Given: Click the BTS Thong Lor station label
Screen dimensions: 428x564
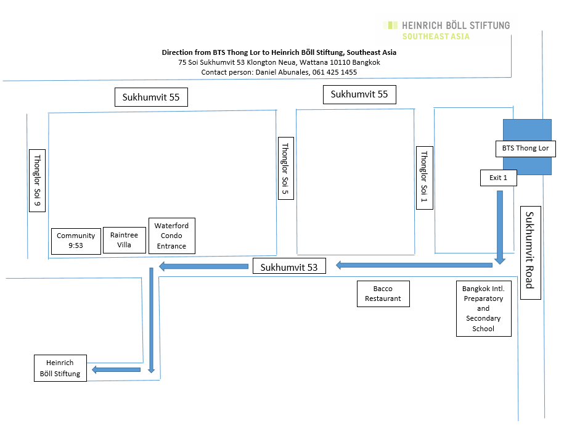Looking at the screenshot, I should tap(526, 149).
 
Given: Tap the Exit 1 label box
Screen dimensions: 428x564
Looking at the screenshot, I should tap(498, 178).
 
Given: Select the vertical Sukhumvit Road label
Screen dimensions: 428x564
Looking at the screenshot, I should tap(530, 252).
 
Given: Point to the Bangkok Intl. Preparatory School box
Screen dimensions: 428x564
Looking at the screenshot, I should tap(483, 308).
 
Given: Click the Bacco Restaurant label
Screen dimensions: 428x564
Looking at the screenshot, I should tap(383, 294).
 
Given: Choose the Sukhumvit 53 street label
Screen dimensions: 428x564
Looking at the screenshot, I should tap(289, 267).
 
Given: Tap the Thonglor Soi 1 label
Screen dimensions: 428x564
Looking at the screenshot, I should tap(424, 178).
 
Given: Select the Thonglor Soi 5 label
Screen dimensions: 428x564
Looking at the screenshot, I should tap(285, 167).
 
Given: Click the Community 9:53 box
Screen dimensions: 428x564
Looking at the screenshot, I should tap(76, 241).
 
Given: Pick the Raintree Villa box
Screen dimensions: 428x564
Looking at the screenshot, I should tap(124, 240).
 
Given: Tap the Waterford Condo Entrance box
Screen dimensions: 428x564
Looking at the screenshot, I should tap(172, 236).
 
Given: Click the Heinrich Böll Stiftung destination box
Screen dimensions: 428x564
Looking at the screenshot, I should tap(60, 368).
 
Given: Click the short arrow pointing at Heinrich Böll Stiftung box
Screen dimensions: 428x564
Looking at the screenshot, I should tap(115, 369).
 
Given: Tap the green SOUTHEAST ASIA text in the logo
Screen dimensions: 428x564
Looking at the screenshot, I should tap(436, 36).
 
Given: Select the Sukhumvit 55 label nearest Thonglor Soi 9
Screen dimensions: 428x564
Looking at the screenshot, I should tap(151, 97).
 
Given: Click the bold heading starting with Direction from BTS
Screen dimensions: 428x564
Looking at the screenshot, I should tap(279, 52).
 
